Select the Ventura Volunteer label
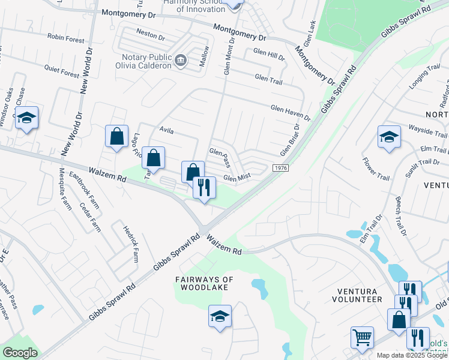pyautogui.click(x=360, y=295)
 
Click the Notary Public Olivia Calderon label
pyautogui.click(x=143, y=62)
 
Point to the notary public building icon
pyautogui.click(x=181, y=60)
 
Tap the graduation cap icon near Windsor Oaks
pyautogui.click(x=26, y=118)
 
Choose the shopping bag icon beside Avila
pyautogui.click(x=116, y=136)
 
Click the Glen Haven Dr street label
pyautogui.click(x=291, y=112)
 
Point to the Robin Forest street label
pyautogui.click(x=66, y=39)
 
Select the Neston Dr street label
pyautogui.click(x=151, y=36)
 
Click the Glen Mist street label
pyautogui.click(x=236, y=178)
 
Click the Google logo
pyautogui.click(x=20, y=353)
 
